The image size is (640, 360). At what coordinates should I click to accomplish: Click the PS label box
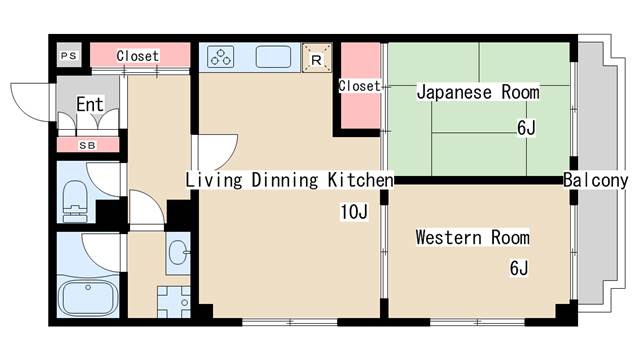click(69, 55)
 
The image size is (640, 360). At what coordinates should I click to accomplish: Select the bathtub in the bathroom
click(88, 297)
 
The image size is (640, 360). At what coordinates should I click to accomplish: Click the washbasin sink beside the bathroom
click(178, 252)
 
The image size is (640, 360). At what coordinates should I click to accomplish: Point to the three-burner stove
click(220, 57)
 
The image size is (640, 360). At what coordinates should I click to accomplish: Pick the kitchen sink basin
click(273, 57)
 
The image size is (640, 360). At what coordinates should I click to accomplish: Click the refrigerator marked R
click(316, 58)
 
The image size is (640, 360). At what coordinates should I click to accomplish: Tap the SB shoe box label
click(87, 145)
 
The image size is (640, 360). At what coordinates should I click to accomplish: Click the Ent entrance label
click(90, 104)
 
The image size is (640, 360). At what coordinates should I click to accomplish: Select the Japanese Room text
click(478, 92)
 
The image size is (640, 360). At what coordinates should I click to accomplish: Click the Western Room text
click(473, 237)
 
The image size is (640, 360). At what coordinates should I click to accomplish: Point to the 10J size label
click(354, 211)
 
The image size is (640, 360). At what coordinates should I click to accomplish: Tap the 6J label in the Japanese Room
click(526, 128)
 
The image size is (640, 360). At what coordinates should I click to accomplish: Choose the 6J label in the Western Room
click(519, 268)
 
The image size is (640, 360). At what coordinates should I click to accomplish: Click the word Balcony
click(596, 180)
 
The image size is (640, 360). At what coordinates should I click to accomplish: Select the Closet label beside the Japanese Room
click(359, 86)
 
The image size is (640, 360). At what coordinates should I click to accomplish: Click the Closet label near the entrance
click(138, 56)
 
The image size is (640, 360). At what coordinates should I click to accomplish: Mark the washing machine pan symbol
click(174, 302)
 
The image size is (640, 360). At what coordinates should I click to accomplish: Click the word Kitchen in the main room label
click(360, 180)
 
